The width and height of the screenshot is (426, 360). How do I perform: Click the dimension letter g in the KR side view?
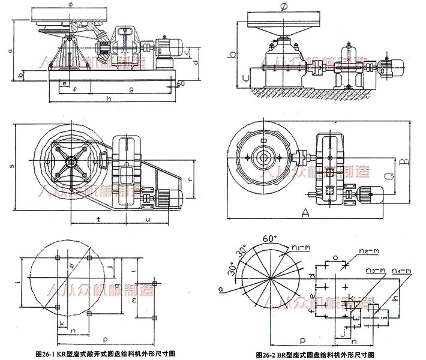[x=130, y=89]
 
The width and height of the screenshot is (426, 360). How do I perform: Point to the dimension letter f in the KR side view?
[x=74, y=90]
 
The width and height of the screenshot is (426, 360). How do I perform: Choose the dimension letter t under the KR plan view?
[x=98, y=220]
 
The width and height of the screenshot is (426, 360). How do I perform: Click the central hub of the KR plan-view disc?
[x=73, y=160]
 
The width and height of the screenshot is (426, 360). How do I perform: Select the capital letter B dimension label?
[x=406, y=161]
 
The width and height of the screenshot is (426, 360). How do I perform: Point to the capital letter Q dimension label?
[x=388, y=176]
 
